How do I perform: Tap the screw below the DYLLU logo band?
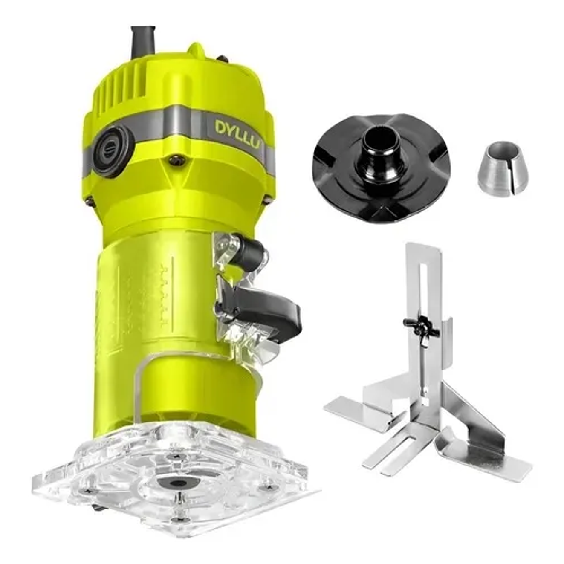click(x=175, y=160)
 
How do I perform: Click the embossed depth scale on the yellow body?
click(x=162, y=294)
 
